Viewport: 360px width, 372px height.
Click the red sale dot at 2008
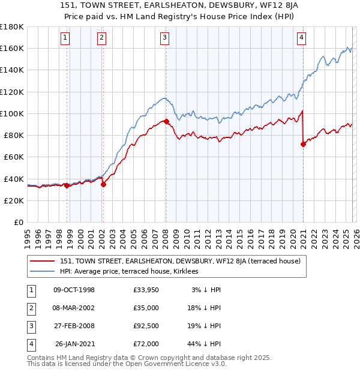tap(166, 121)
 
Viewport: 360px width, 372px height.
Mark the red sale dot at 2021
tap(303, 143)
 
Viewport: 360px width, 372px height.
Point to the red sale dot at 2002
tap(103, 184)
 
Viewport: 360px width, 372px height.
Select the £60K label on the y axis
tap(14, 157)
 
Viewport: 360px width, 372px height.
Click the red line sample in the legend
tap(43, 260)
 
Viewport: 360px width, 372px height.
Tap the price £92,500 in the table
tap(147, 326)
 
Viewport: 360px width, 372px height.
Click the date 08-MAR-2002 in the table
tap(74, 308)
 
